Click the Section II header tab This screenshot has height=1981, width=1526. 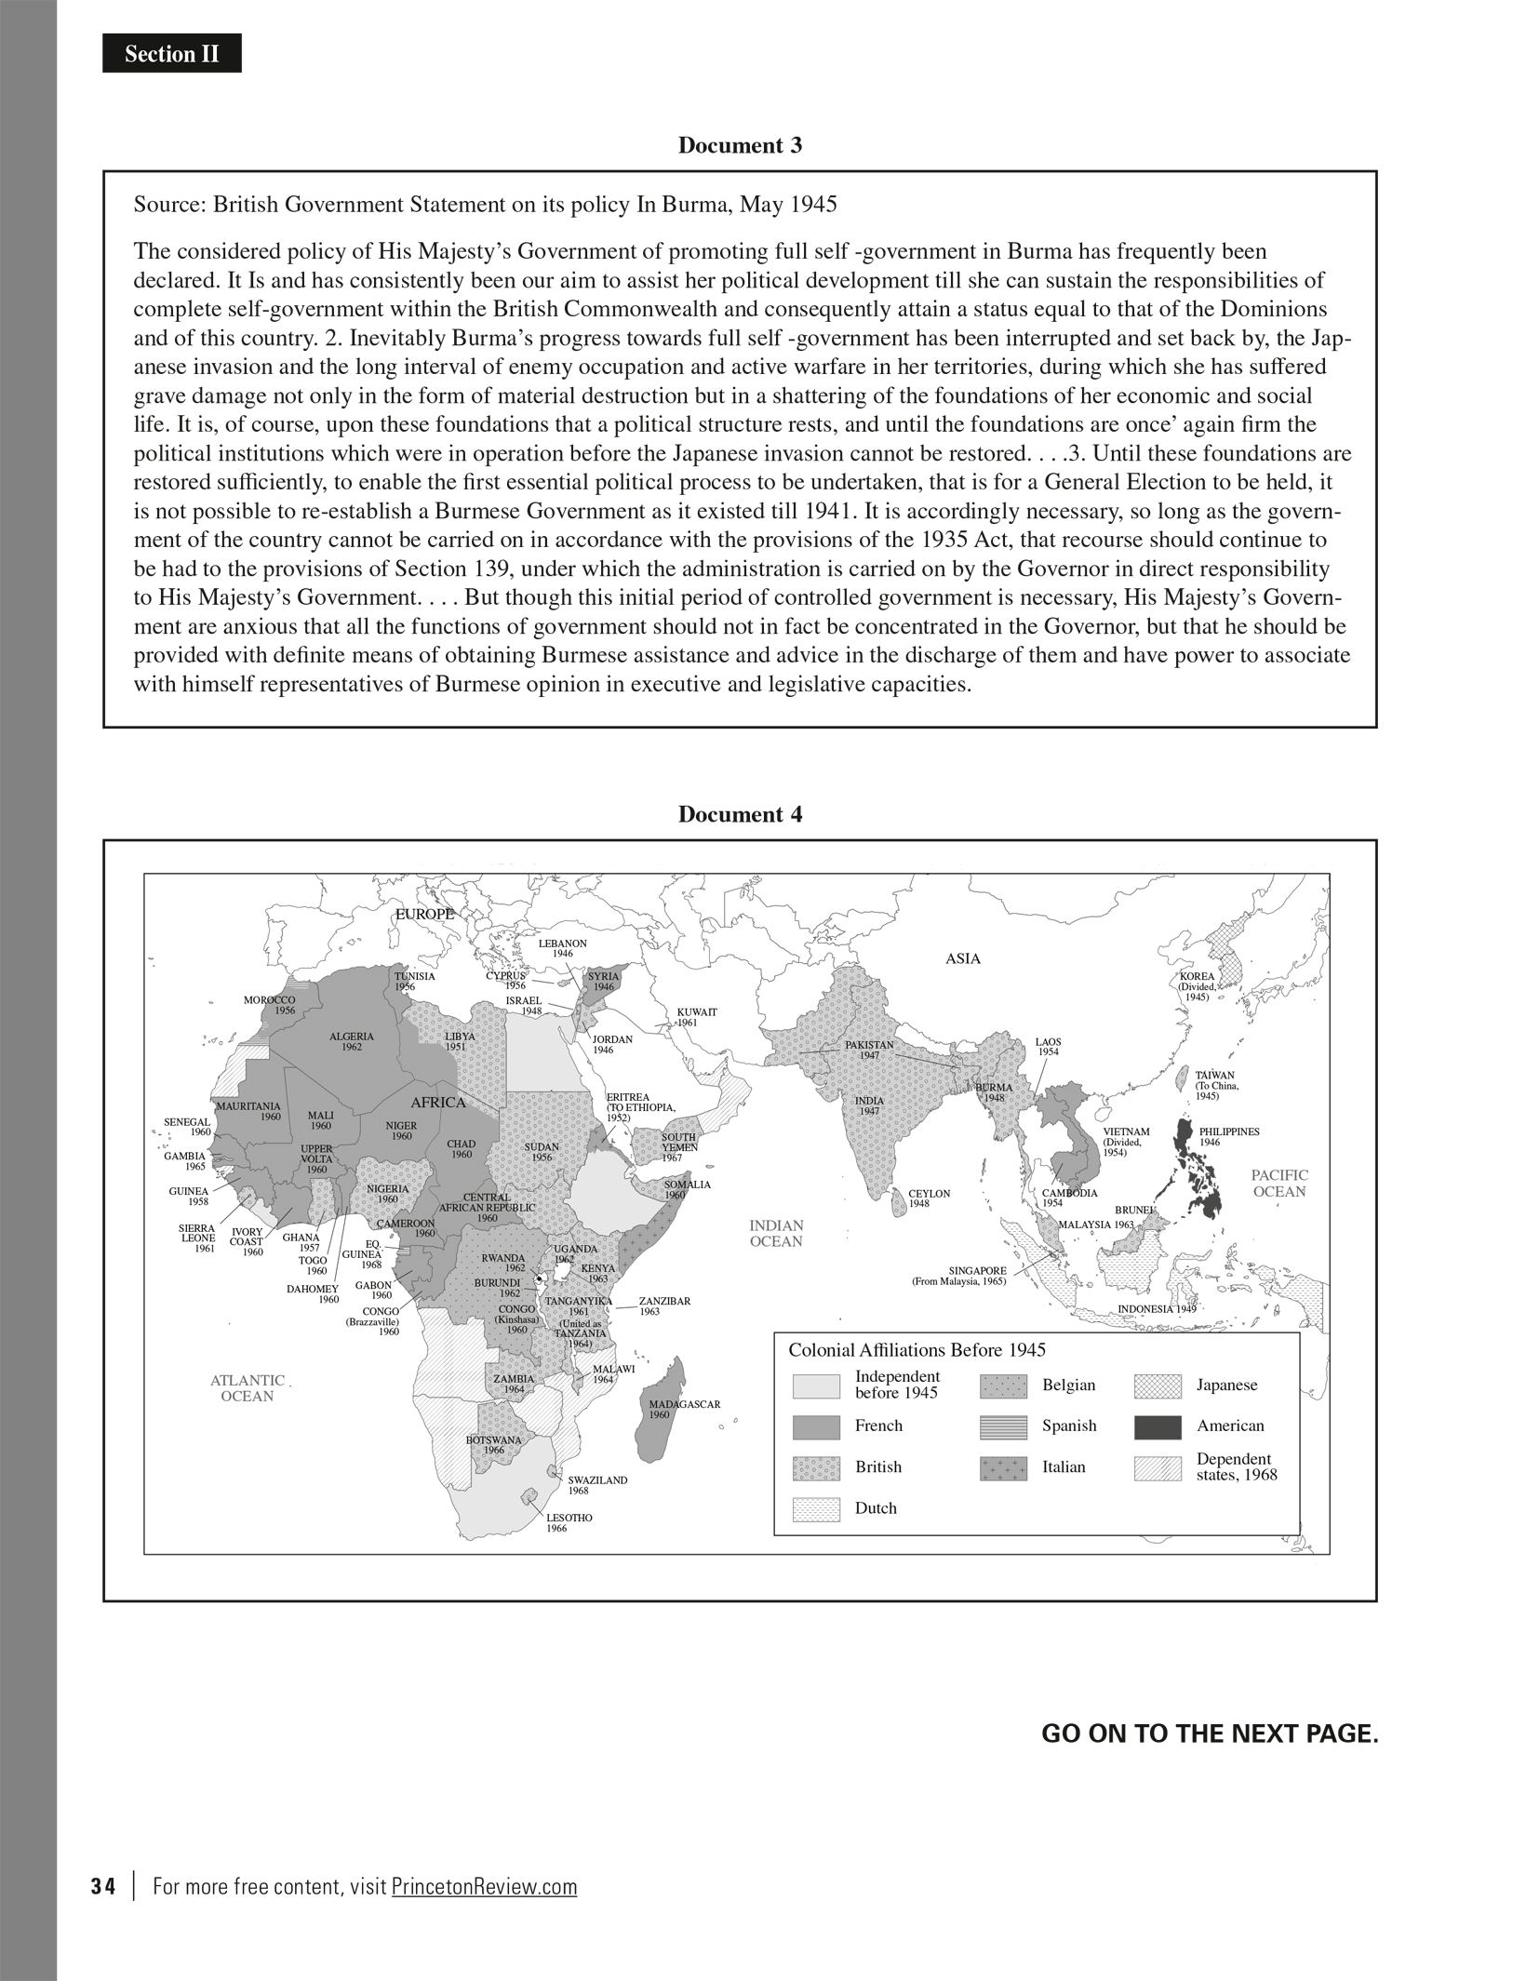[172, 54]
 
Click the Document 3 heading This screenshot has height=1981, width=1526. [739, 145]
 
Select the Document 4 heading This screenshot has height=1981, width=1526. [739, 814]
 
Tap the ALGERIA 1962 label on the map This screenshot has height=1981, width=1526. [352, 1041]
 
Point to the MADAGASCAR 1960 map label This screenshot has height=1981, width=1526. [685, 1409]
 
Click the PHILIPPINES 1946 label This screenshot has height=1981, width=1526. [1228, 1136]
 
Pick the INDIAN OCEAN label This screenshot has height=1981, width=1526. [776, 1234]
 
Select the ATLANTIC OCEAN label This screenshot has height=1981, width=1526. [248, 1388]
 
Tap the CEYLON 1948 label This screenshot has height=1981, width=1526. [929, 1198]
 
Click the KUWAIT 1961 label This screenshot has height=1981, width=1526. [696, 1016]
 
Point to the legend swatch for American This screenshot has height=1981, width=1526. [1158, 1427]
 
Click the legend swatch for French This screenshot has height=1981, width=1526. [816, 1427]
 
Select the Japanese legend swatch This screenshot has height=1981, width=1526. [1158, 1386]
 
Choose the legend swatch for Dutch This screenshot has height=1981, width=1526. [816, 1509]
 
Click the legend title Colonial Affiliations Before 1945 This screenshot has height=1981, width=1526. [917, 1350]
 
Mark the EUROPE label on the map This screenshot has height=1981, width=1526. [424, 914]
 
